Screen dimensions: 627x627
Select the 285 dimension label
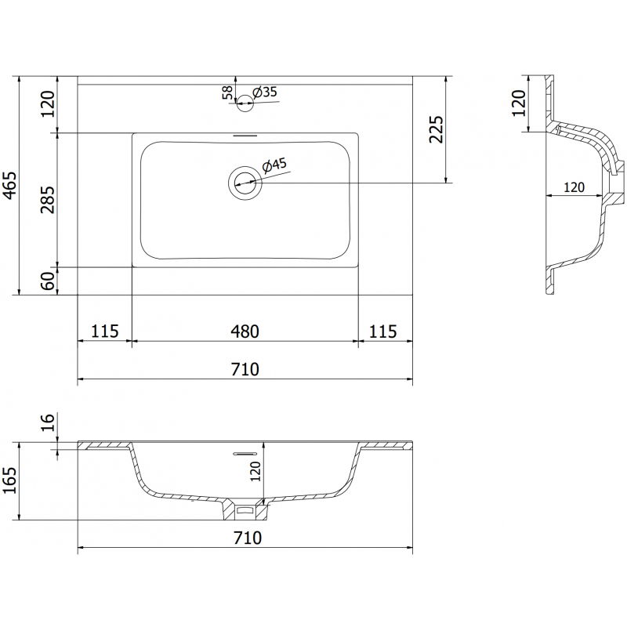click(48, 200)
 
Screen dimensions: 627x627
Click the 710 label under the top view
click(245, 369)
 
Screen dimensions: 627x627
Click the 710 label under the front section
click(245, 538)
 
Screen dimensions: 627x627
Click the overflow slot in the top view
click(245, 136)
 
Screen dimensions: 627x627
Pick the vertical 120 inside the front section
click(256, 472)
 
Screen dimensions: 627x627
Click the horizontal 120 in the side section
click(574, 187)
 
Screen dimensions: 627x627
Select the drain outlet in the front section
click(246, 510)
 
